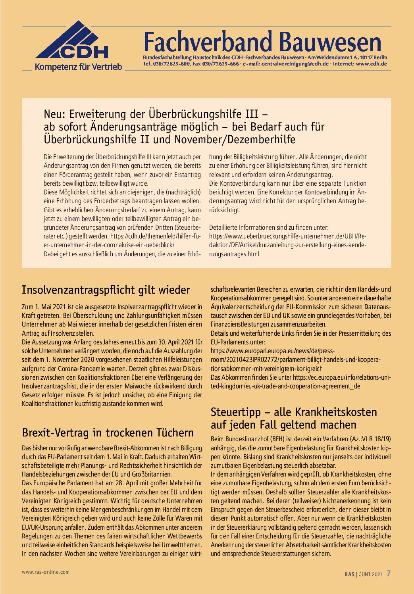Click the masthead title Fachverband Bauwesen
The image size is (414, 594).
[x=262, y=42]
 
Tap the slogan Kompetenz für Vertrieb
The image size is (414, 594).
[x=78, y=67]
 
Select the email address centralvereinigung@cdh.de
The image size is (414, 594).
[x=295, y=63]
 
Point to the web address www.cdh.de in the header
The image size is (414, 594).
[x=372, y=63]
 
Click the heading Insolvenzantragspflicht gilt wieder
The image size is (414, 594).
[x=106, y=290]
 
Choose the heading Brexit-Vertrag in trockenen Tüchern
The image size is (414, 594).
[x=108, y=432]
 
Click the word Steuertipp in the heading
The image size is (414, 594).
[x=236, y=412]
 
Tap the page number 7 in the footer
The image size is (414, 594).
[x=389, y=573]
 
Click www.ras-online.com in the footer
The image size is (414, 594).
[x=46, y=572]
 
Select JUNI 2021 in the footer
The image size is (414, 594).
[x=371, y=574]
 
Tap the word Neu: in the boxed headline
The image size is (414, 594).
[x=55, y=114]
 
